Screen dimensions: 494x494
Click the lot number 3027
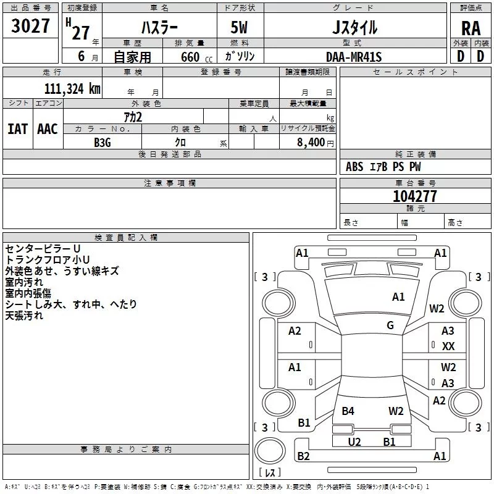click(31, 27)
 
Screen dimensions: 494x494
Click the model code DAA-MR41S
click(354, 57)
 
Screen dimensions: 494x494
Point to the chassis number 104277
click(414, 196)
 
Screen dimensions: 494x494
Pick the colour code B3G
click(102, 142)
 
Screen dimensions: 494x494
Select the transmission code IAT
click(17, 129)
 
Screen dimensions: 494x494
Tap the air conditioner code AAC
click(47, 129)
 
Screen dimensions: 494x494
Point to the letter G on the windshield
click(390, 325)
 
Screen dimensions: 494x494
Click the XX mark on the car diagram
click(448, 346)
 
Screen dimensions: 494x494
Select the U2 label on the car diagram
click(354, 442)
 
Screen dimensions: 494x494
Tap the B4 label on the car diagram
click(348, 411)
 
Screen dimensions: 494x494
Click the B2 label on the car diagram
click(303, 456)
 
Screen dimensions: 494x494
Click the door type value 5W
click(240, 27)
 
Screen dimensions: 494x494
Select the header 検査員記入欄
click(126, 237)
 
